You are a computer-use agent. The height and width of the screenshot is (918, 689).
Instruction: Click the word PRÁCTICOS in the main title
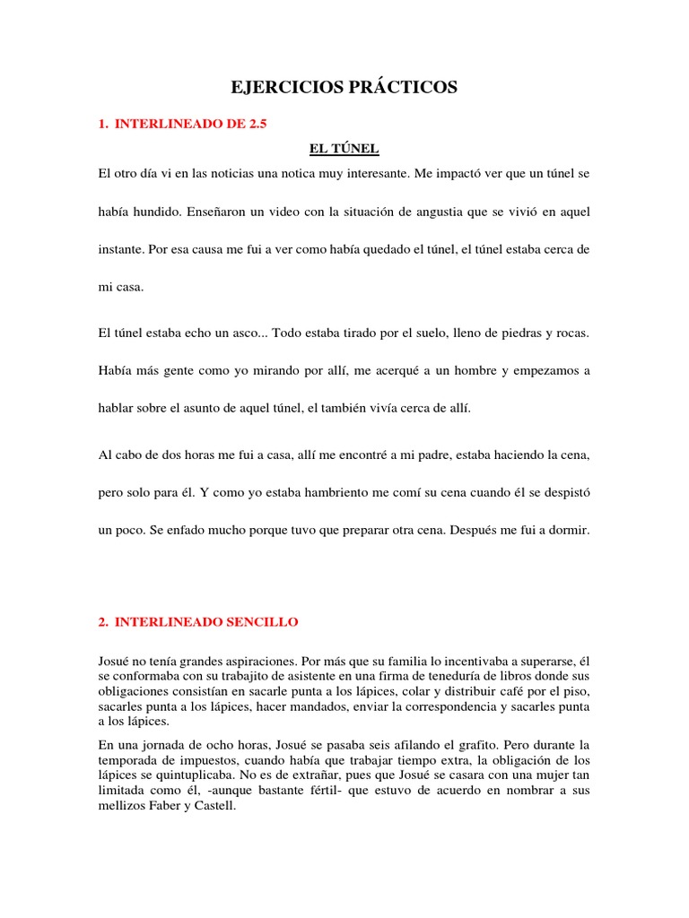[x=403, y=87]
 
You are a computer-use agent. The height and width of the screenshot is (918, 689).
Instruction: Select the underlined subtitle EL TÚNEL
[x=344, y=148]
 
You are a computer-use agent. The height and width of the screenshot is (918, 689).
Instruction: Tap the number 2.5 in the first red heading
[x=256, y=125]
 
